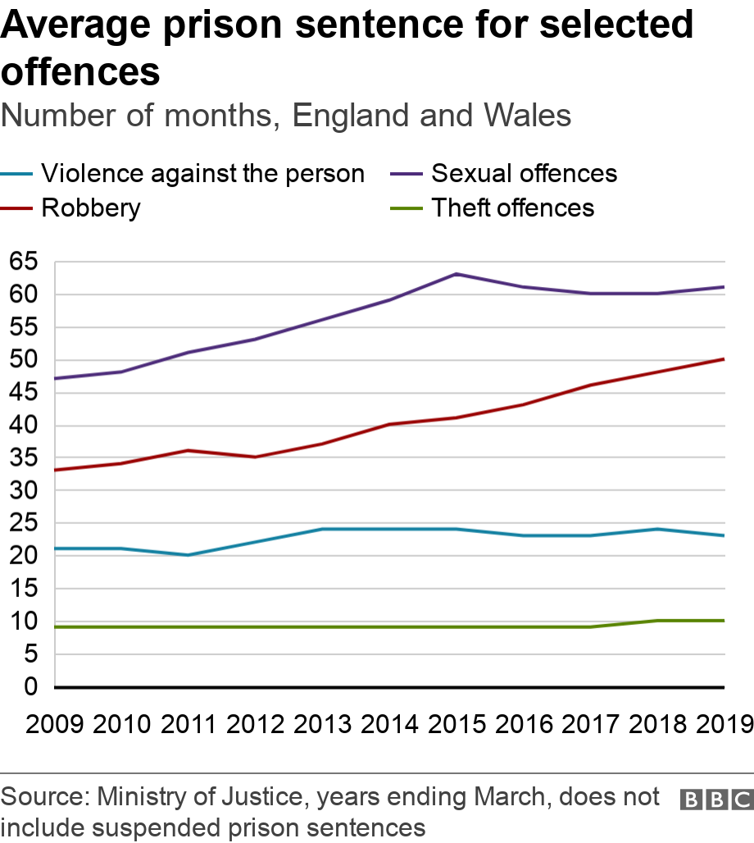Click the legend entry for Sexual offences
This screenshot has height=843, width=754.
tap(524, 174)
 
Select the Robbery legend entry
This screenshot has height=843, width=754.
tap(90, 207)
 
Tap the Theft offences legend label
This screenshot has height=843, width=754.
tap(512, 207)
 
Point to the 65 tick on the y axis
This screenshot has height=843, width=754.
tap(25, 262)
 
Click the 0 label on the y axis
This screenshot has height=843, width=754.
tap(31, 687)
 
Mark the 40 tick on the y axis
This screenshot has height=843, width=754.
tap(25, 426)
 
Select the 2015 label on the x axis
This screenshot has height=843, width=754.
tap(456, 724)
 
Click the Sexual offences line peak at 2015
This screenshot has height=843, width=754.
tap(456, 274)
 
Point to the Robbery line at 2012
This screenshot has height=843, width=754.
tap(255, 457)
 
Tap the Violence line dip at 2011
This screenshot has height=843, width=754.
tap(188, 555)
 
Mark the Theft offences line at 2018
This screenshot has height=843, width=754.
tap(656, 621)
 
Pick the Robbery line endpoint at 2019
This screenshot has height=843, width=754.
tap(723, 359)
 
